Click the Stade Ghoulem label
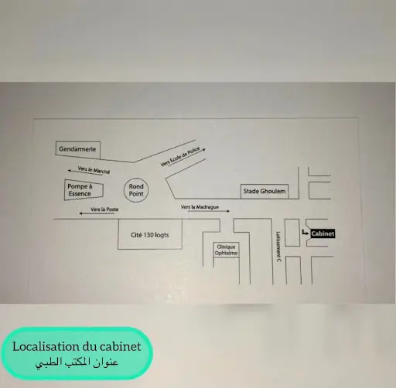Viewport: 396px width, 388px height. pyautogui.click(x=265, y=191)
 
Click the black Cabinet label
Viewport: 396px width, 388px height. pyautogui.click(x=323, y=233)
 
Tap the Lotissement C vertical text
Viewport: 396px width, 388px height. pyautogui.click(x=278, y=247)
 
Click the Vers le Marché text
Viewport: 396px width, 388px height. pyautogui.click(x=94, y=170)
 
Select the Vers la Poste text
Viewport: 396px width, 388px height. pyautogui.click(x=104, y=209)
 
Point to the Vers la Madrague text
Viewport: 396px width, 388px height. pyautogui.click(x=200, y=207)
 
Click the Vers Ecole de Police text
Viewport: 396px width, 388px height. pyautogui.click(x=180, y=156)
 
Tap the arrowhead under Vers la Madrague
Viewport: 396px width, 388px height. pyautogui.click(x=228, y=211)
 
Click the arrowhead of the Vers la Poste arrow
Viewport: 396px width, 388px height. pyautogui.click(x=80, y=213)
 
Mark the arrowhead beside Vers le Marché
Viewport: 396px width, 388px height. pyautogui.click(x=69, y=171)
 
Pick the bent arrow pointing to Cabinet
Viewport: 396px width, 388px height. pyautogui.click(x=304, y=233)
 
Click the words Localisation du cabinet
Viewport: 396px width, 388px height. pyautogui.click(x=77, y=346)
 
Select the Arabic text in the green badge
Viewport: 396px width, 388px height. pyautogui.click(x=77, y=362)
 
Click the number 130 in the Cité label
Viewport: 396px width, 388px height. pyautogui.click(x=148, y=235)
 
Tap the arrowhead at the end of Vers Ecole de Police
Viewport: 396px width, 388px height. pyautogui.click(x=204, y=149)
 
